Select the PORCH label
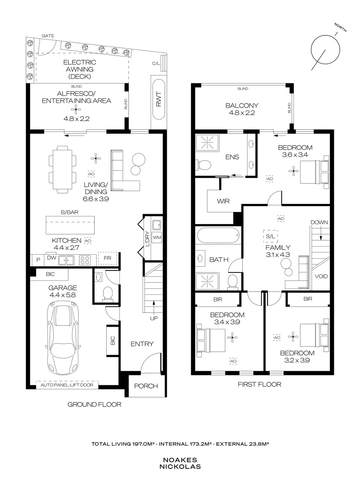tap(146, 386)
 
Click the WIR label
tap(223, 201)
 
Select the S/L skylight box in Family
tap(269, 235)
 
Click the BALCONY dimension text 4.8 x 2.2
tap(242, 114)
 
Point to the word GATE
tap(47, 35)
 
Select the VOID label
tap(321, 276)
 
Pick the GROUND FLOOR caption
tap(94, 404)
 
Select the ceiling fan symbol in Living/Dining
tap(96, 156)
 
